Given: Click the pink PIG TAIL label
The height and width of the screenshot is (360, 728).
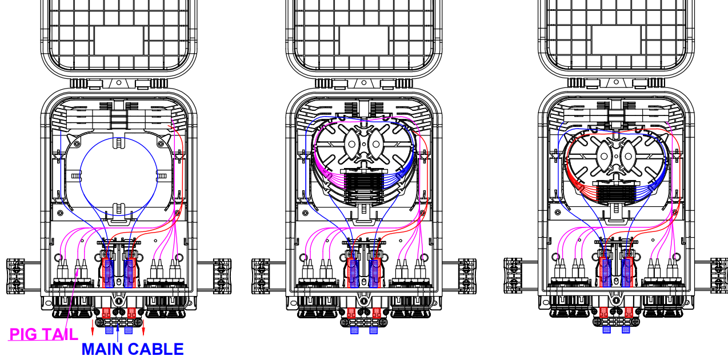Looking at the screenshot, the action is click(43, 334).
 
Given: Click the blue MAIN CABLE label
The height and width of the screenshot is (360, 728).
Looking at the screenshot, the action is click(133, 349).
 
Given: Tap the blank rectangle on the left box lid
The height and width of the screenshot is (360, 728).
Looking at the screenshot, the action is click(119, 41).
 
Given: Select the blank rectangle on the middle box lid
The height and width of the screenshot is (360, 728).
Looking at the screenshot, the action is click(363, 41).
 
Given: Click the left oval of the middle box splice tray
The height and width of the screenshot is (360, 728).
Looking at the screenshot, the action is click(351, 144).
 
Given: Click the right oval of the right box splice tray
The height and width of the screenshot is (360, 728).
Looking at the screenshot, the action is click(628, 156).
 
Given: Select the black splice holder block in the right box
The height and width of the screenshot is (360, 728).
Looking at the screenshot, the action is click(616, 193).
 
